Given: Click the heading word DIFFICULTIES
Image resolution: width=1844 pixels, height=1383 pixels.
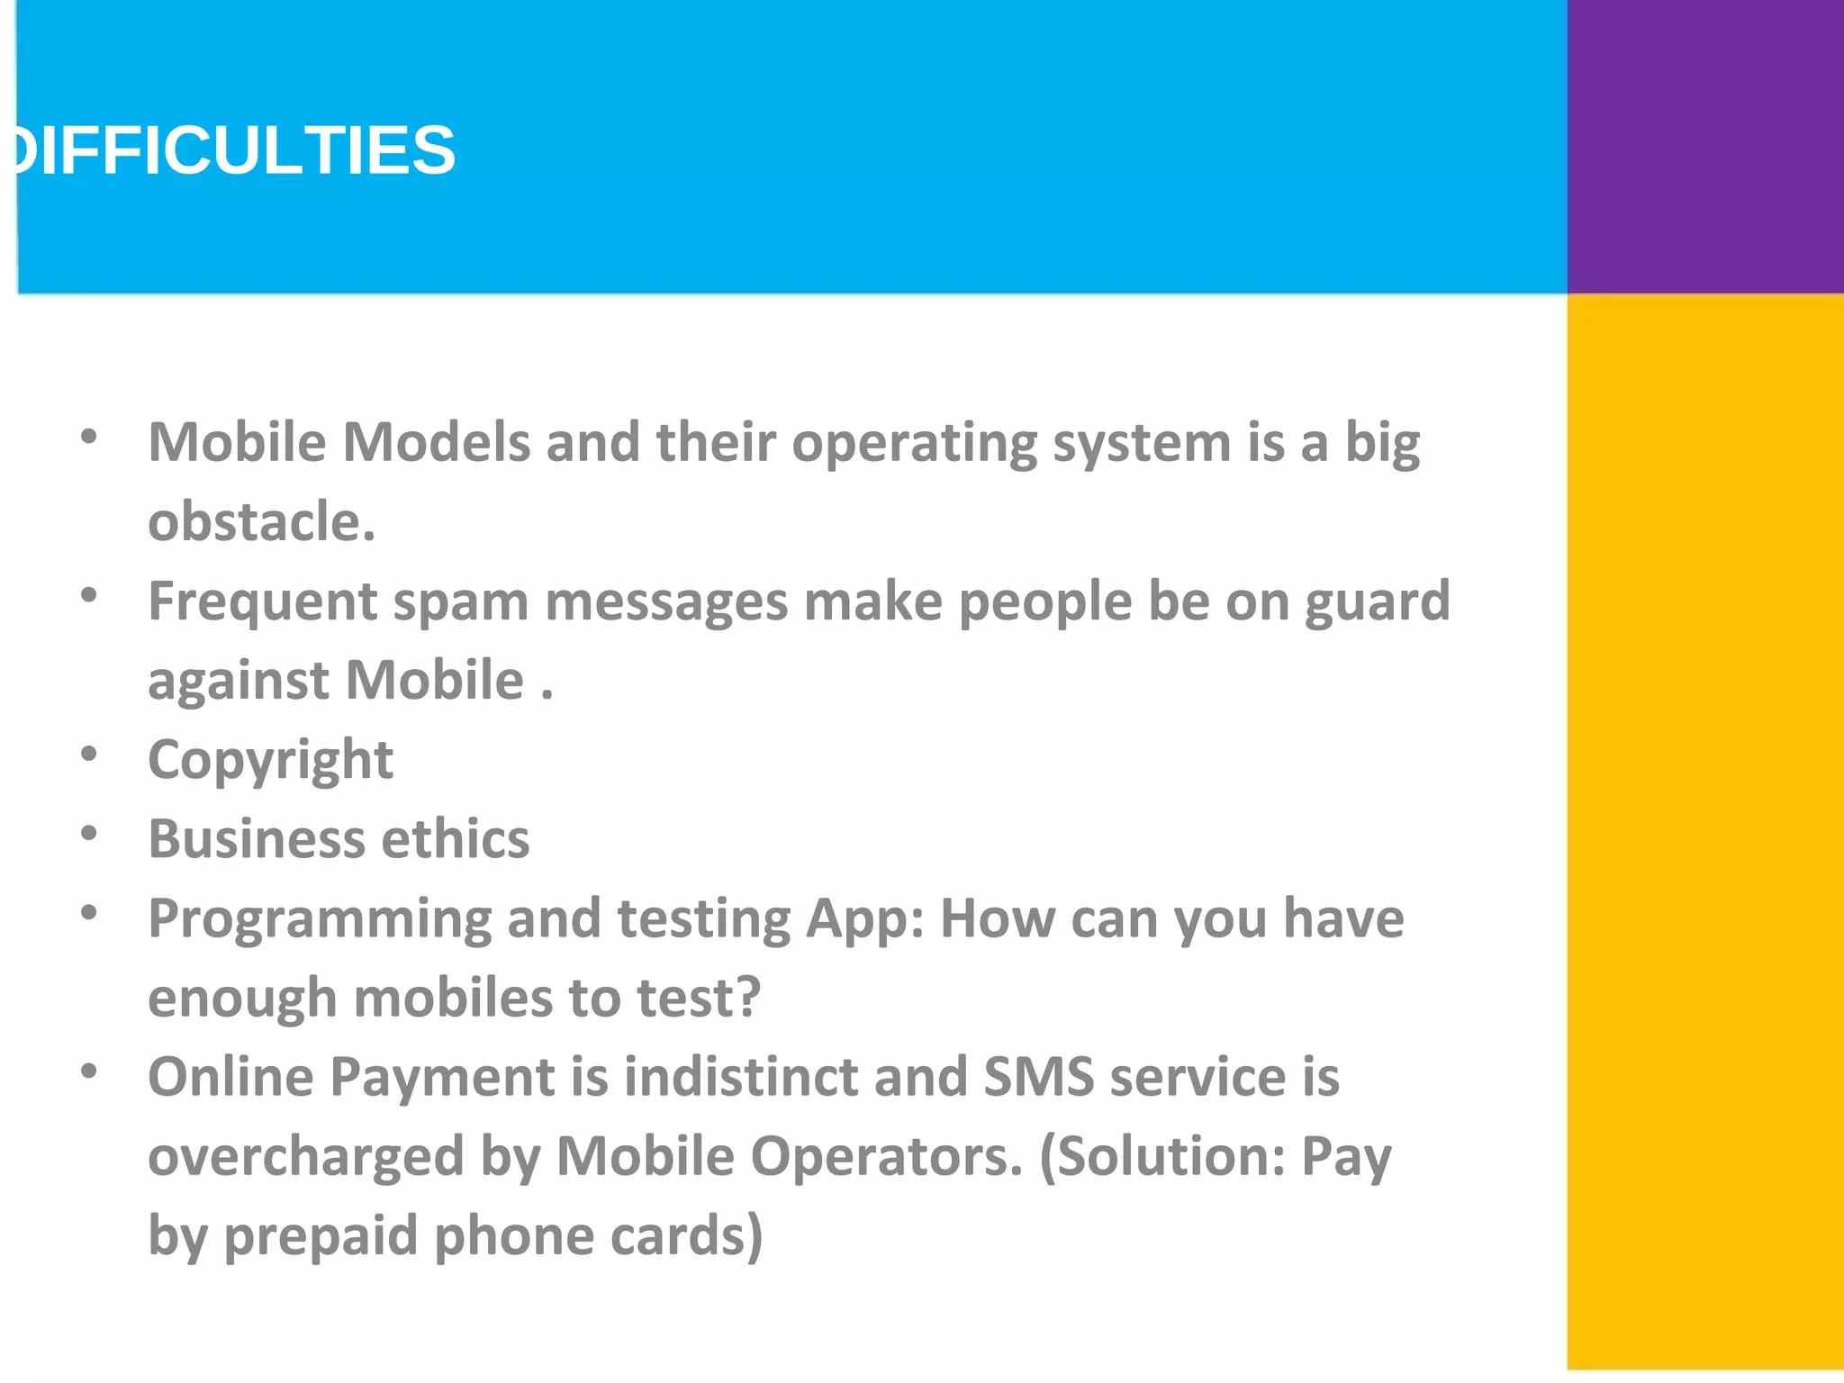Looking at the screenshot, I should pyautogui.click(x=234, y=150).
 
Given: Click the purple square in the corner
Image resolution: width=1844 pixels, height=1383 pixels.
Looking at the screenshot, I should pyautogui.click(x=1704, y=146).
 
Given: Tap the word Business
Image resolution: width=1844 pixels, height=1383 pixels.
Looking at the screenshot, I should pyautogui.click(x=257, y=839).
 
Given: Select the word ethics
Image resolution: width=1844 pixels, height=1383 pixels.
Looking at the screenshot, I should pyautogui.click(x=456, y=839).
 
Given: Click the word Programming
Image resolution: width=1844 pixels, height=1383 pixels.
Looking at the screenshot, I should pyautogui.click(x=320, y=920).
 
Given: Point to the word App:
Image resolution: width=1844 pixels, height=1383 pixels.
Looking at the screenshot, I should pyautogui.click(x=864, y=920).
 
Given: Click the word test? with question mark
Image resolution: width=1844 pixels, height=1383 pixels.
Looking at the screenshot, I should pyautogui.click(x=699, y=998).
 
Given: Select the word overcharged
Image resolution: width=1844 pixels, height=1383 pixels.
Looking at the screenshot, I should pyautogui.click(x=306, y=1156).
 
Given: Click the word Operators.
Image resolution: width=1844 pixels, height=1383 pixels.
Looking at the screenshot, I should pyautogui.click(x=887, y=1156).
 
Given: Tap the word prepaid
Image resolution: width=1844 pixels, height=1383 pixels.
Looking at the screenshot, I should pyautogui.click(x=321, y=1236).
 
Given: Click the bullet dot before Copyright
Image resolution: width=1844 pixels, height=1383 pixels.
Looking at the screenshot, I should pyautogui.click(x=88, y=754).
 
